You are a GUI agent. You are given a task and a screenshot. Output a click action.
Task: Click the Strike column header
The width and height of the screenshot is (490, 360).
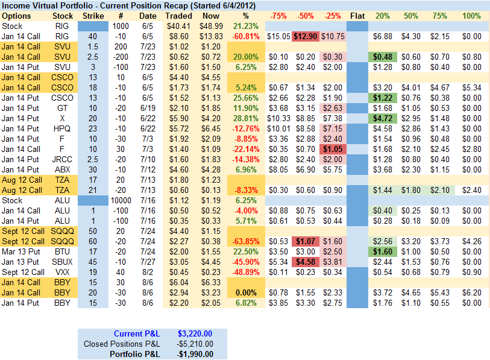point(92,16)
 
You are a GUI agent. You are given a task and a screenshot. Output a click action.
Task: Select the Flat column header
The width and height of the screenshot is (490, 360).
point(357,16)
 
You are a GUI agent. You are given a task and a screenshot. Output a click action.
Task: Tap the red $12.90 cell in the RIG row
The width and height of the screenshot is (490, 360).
point(306,37)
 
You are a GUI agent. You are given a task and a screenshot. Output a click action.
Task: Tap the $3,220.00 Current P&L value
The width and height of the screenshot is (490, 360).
point(195,333)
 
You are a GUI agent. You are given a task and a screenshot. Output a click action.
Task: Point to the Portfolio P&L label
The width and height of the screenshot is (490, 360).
point(135,354)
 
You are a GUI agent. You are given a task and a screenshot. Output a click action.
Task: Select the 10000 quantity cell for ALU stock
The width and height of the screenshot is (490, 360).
point(121,200)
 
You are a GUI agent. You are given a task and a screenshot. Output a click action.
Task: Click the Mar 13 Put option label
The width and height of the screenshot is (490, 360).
point(21,251)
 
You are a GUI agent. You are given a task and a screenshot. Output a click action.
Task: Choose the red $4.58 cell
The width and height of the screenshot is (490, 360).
point(306,262)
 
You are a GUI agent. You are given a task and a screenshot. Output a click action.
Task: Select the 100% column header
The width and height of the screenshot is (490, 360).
point(471,16)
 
